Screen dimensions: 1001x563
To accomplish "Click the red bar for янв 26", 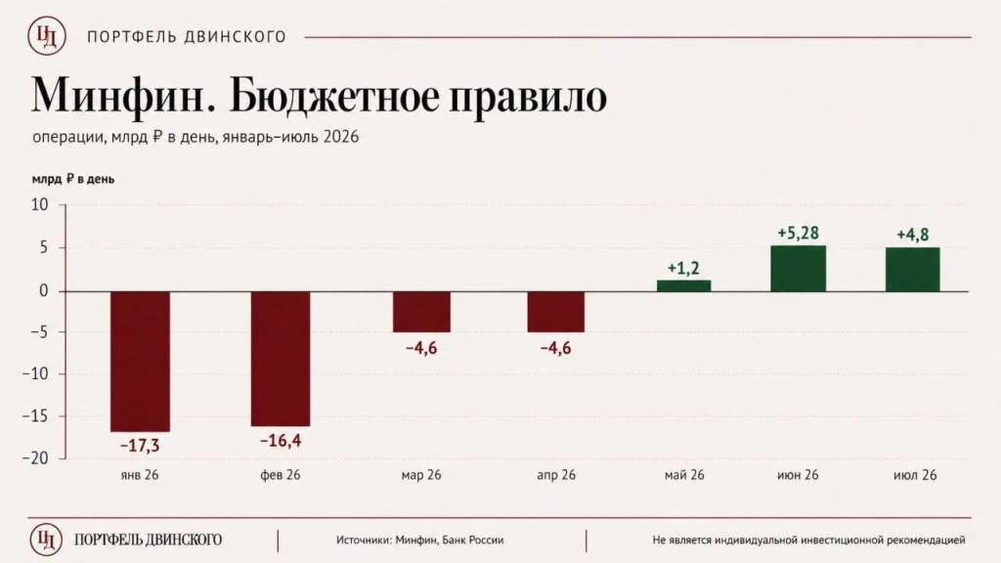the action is (141, 362).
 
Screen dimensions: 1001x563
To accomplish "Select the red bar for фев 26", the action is (281, 359).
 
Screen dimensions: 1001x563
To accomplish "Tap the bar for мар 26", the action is (421, 312).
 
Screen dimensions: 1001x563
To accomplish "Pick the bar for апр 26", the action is (556, 312).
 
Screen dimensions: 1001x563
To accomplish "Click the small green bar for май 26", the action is (683, 285).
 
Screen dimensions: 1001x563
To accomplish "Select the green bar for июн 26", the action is (798, 269).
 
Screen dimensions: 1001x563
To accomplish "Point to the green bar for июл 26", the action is (913, 270).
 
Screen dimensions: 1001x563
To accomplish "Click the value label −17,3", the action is (141, 445).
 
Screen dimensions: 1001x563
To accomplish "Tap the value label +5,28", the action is (798, 233).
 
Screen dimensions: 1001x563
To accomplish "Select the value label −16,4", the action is (281, 441).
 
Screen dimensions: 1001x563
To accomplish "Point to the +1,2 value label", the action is (683, 268).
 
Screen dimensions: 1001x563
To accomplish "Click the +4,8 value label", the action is (913, 235).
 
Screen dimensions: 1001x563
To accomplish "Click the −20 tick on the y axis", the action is (36, 458).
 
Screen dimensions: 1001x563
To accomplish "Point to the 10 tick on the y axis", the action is (39, 205).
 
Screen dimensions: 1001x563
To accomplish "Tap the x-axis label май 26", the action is (684, 475).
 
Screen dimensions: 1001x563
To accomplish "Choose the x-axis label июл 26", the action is (915, 475).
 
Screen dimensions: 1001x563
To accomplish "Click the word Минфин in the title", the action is (121, 97).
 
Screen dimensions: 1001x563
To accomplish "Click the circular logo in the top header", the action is (47, 36).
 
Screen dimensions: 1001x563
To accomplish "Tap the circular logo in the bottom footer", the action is (46, 540).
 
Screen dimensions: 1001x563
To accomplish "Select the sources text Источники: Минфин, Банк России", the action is (420, 540).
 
